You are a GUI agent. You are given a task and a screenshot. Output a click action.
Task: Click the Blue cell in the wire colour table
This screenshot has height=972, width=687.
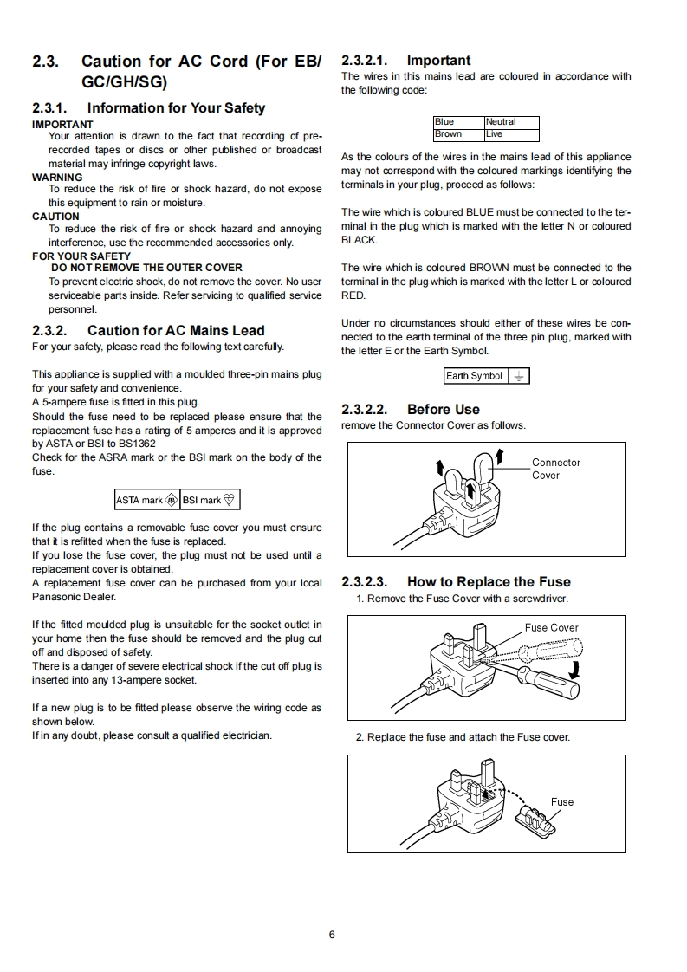pos(458,122)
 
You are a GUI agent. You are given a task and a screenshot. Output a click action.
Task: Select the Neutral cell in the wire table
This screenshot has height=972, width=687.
pos(511,122)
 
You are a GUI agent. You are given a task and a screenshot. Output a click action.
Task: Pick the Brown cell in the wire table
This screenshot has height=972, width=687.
pos(458,134)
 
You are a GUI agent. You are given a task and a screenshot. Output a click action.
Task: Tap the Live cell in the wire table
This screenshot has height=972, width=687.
pos(511,134)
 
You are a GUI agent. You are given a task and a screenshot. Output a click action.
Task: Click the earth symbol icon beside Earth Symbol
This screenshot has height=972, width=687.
pos(518,376)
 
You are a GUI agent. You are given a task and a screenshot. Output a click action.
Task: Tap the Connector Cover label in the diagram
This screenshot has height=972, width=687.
pos(555,469)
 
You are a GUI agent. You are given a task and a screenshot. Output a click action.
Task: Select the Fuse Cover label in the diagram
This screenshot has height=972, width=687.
pos(551,628)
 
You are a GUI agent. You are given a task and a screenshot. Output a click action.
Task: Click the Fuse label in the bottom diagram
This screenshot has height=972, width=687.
pos(562,802)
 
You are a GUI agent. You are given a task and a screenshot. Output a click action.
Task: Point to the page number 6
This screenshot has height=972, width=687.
pos(331,934)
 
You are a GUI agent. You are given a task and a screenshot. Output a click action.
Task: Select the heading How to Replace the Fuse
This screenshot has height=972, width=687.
pos(489,582)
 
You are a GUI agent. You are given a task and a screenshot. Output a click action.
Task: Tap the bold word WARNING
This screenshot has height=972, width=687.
pos(57,177)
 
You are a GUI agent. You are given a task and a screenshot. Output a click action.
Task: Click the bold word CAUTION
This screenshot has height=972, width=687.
pos(55,217)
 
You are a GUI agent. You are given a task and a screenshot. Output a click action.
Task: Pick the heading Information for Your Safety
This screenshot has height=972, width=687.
pos(176,108)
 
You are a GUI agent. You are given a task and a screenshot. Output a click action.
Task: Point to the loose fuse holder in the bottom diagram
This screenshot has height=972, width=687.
pos(534,819)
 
